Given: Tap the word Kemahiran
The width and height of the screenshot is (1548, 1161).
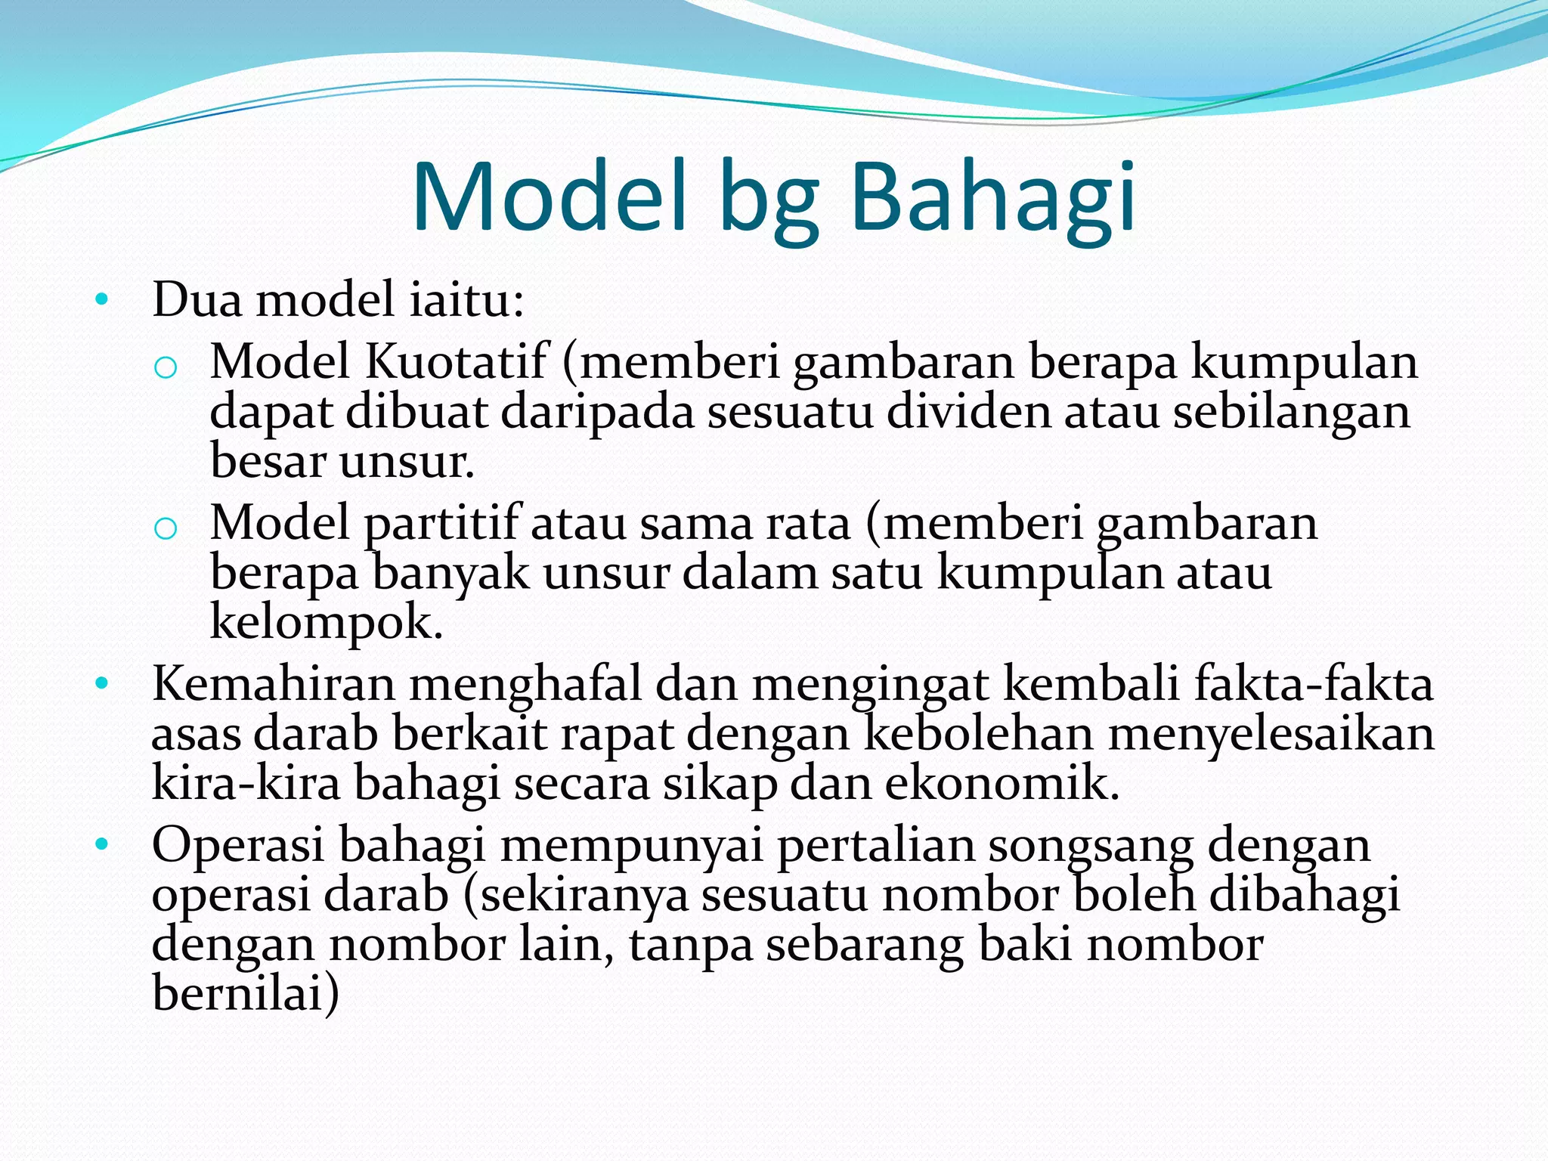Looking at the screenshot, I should pos(274,684).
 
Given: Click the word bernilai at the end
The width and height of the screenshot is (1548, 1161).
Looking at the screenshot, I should pos(246,992).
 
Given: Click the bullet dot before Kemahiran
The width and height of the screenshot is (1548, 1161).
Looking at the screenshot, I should pos(102,685).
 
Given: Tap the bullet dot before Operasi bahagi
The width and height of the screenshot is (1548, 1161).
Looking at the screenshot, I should pos(102,845).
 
